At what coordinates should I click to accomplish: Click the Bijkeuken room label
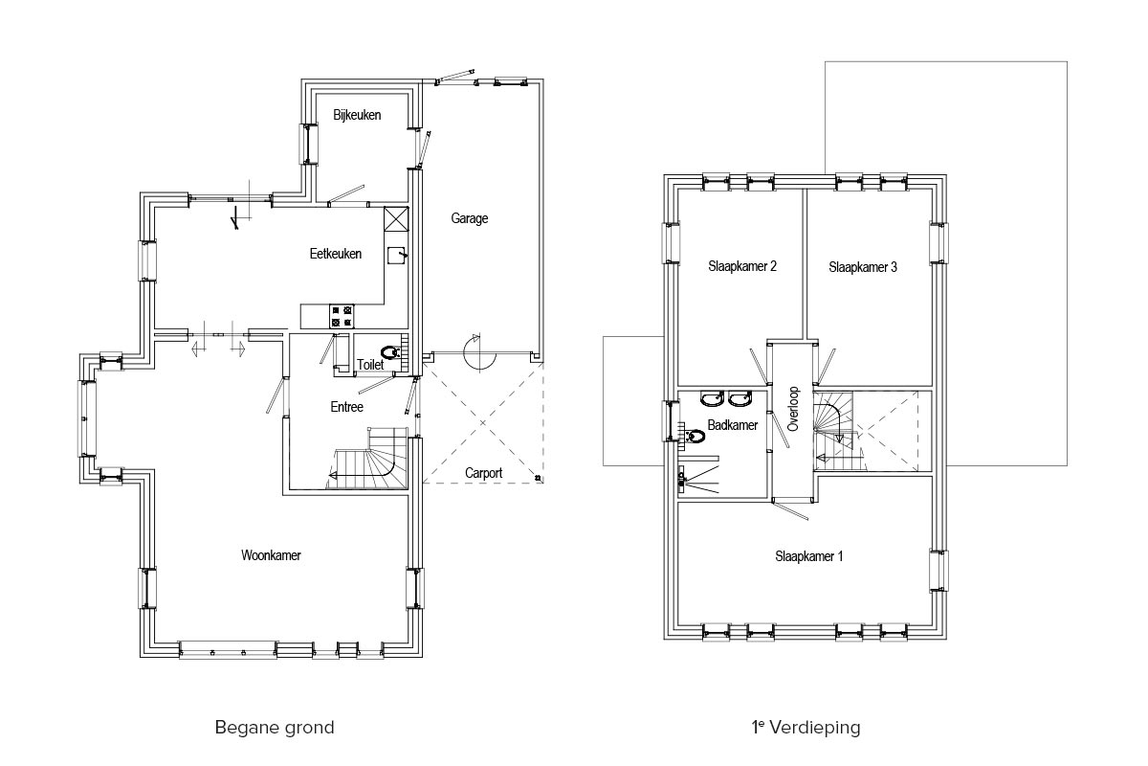357,115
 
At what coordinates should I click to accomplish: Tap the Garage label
470,218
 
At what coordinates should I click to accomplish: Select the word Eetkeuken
336,254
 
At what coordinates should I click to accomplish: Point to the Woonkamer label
271,555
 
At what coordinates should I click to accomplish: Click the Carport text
483,473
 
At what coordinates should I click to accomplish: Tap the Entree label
347,407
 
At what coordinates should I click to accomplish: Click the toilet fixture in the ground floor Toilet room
391,352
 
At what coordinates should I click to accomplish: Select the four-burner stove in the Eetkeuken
342,316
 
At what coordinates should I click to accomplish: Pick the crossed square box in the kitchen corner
396,219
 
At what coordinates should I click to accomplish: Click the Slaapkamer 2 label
742,266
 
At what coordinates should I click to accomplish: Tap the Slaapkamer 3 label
863,267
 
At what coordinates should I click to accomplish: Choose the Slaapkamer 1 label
808,556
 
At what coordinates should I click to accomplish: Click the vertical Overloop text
792,409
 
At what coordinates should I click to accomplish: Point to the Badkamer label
733,425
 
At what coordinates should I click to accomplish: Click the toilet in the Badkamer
692,436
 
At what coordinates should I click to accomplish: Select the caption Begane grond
275,728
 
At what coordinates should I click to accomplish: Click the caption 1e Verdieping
806,728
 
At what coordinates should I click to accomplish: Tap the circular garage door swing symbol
479,352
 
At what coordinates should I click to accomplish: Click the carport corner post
538,478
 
